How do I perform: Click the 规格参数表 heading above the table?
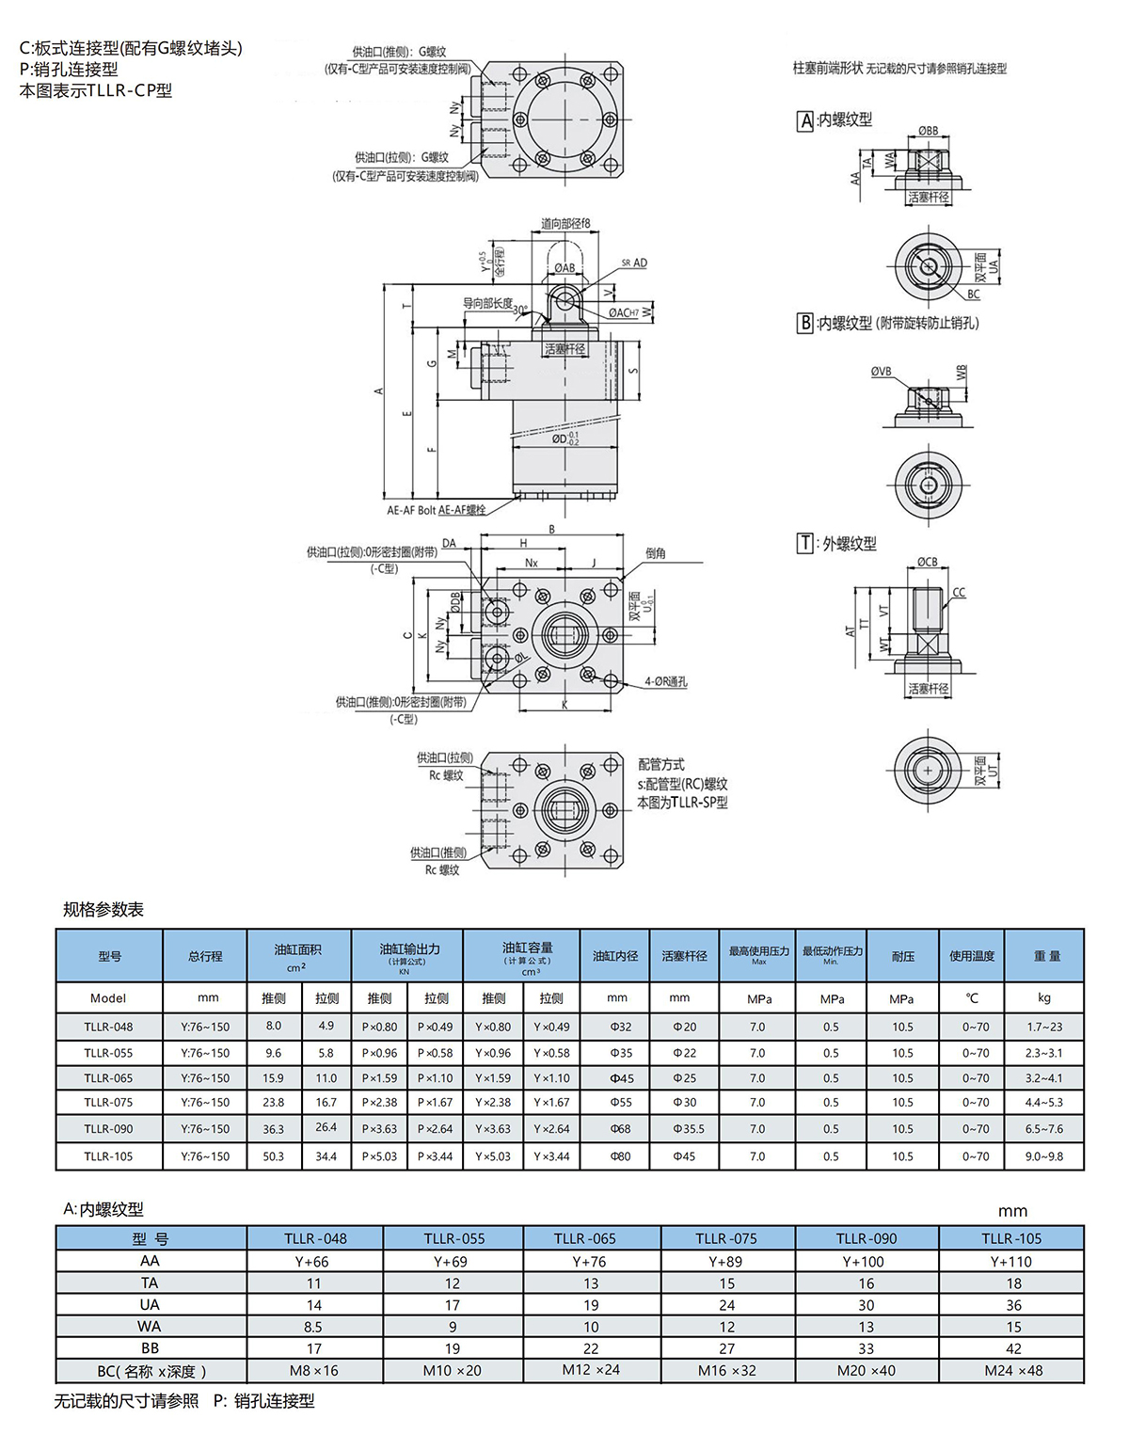coord(103,910)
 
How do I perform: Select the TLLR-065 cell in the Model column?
coord(108,1078)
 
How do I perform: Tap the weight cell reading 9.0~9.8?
coord(1043,1156)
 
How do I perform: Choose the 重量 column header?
coord(1046,956)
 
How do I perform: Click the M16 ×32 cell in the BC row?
coord(726,1371)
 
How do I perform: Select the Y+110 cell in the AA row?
coord(1010,1262)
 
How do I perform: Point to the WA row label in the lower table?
coord(150,1327)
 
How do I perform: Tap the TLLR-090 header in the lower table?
coord(866,1239)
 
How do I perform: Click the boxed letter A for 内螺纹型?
coord(805,120)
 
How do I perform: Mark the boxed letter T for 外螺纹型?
coord(804,544)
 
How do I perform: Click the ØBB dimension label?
coord(928,131)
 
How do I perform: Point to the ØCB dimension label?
coord(927,563)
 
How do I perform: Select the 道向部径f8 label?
coord(565,224)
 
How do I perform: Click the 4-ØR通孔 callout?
coord(665,682)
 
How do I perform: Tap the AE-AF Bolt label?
coord(412,510)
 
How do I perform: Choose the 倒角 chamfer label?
coord(656,553)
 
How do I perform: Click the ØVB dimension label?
coord(881,372)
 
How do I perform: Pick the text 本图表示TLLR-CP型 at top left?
coord(96,91)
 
